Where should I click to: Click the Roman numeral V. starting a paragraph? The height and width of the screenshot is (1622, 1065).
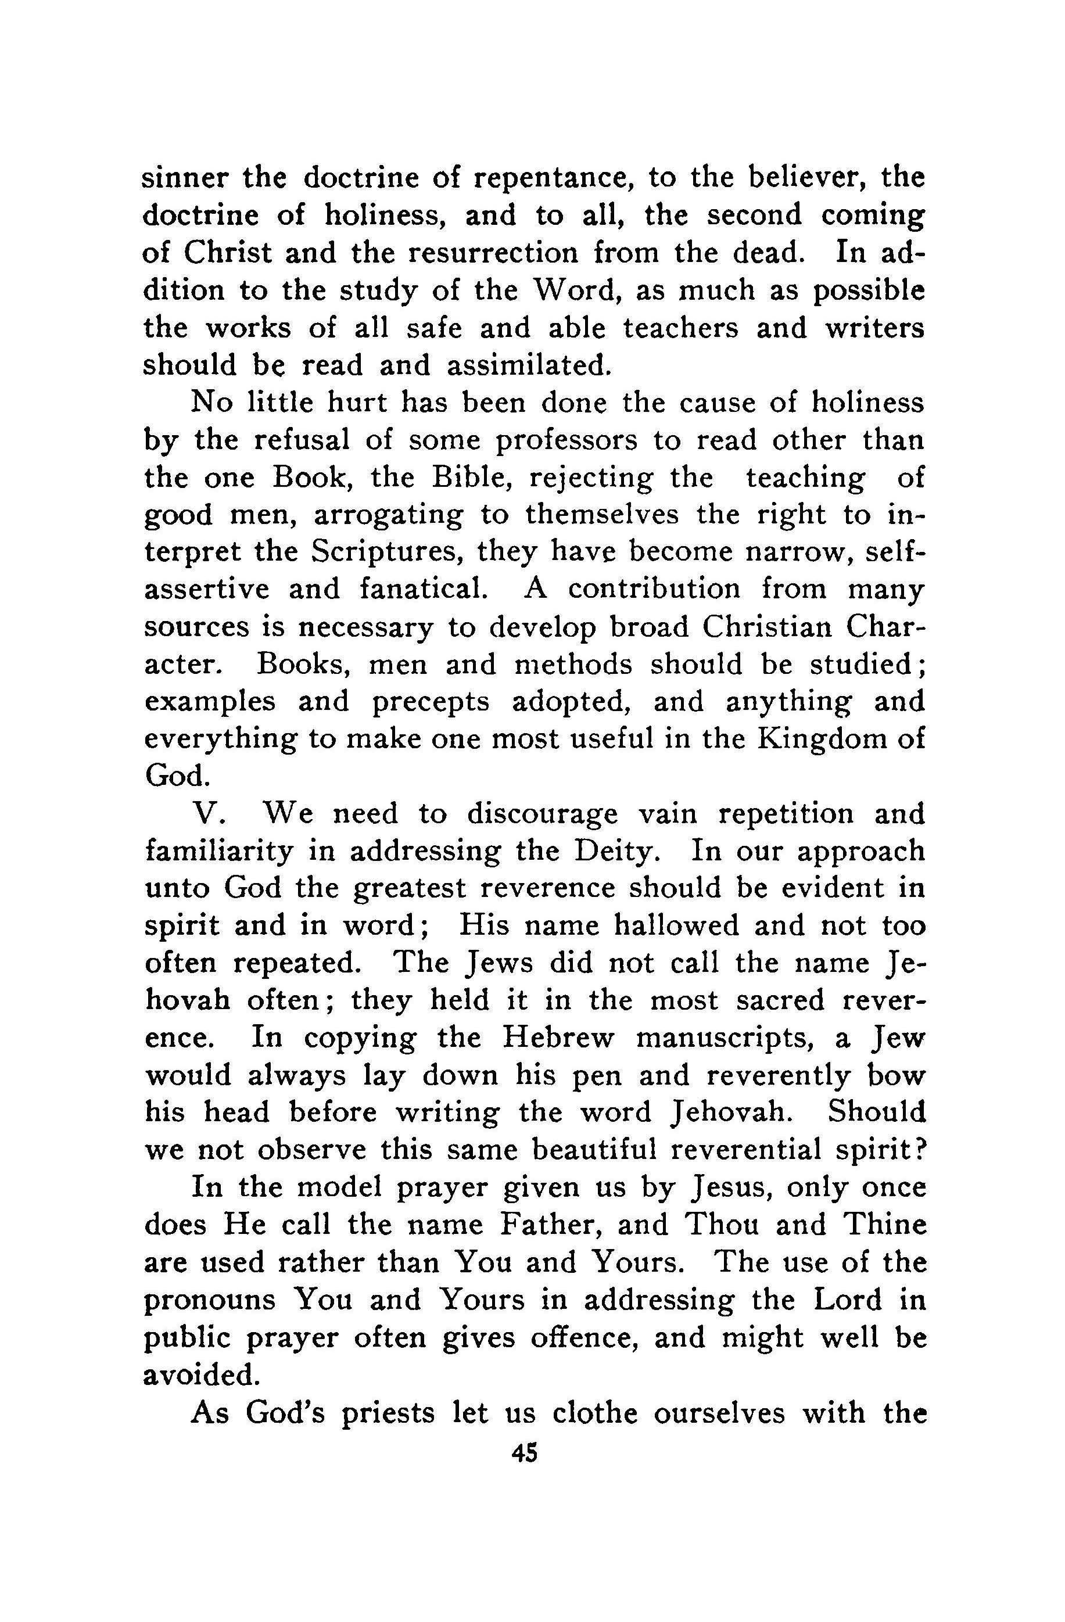pyautogui.click(x=205, y=814)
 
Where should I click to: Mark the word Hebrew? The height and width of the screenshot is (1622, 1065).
pyautogui.click(x=558, y=1038)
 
